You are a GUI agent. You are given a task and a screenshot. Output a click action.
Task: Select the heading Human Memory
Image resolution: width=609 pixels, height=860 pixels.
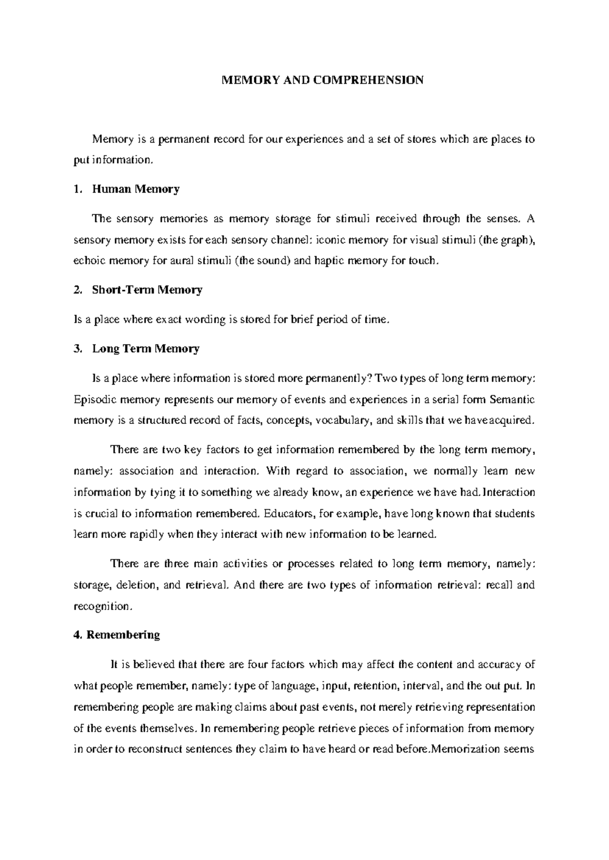[x=136, y=190]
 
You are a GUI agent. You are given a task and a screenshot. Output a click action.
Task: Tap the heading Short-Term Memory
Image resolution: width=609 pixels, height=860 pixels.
[x=147, y=290]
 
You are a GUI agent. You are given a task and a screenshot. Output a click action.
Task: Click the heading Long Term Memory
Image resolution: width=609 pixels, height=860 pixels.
[x=146, y=349]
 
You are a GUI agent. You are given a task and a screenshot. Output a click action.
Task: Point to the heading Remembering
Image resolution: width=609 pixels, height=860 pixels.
[x=123, y=635]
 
